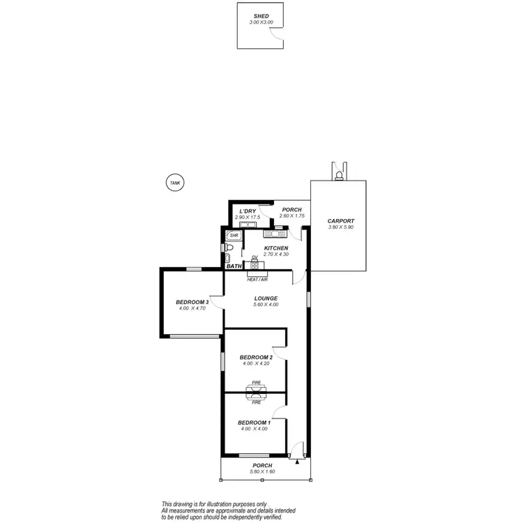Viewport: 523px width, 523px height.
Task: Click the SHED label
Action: point(261,15)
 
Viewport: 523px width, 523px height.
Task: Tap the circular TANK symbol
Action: point(174,183)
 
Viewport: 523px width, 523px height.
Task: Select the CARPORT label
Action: point(341,221)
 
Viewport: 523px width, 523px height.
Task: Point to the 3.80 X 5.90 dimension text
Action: point(341,227)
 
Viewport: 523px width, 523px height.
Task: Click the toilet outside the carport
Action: point(340,174)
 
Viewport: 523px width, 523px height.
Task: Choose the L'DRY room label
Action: point(248,211)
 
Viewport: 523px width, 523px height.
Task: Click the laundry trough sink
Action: point(250,225)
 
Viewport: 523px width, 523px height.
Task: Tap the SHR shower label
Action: point(234,236)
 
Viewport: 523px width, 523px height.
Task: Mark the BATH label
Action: point(234,266)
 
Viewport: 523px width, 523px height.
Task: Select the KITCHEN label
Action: point(276,248)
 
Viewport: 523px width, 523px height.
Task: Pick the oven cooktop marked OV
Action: point(255,266)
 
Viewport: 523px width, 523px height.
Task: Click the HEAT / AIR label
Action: point(257,279)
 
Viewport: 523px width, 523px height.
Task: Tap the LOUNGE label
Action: point(266,298)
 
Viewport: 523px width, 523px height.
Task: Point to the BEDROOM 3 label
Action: point(192,302)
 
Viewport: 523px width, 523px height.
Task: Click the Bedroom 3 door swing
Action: point(217,302)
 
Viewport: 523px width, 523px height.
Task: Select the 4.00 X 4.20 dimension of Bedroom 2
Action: point(256,363)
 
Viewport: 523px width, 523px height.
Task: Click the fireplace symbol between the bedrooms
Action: point(256,392)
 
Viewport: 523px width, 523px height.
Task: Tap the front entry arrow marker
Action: point(298,461)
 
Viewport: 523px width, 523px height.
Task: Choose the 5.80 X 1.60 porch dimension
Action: point(262,472)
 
